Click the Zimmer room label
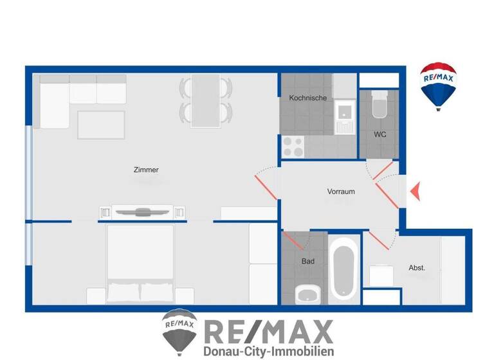point(146,170)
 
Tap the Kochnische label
point(308,98)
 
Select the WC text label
point(380,135)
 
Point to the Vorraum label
point(341,192)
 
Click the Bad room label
point(308,262)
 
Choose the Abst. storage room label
point(417,267)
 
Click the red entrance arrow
point(415,191)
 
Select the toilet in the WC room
point(379,105)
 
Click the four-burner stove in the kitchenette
point(293,147)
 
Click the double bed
point(140,264)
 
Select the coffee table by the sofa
point(102,124)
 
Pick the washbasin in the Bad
point(307,294)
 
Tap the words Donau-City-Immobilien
point(268,351)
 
